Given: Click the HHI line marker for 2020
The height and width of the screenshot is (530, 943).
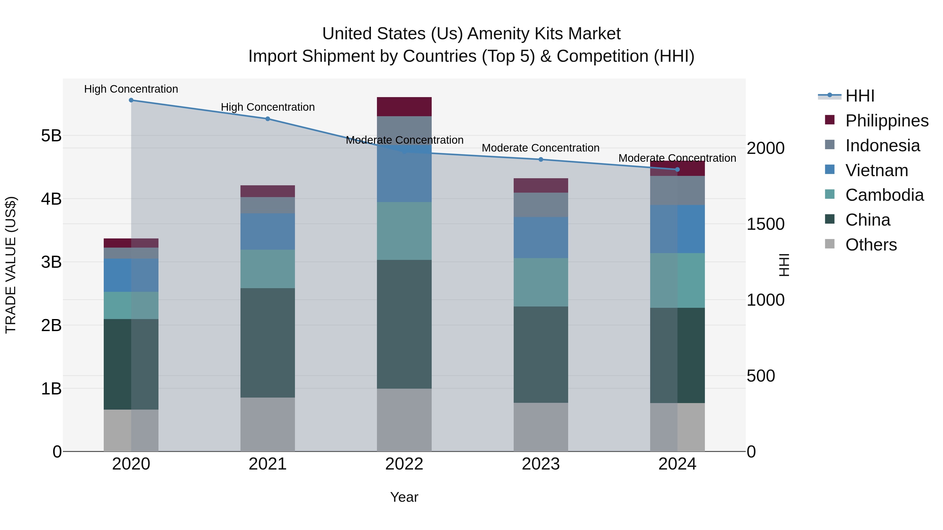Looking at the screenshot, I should [131, 100].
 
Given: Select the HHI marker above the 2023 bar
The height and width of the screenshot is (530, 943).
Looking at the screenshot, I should [541, 159].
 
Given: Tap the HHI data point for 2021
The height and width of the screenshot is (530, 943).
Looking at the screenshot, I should [268, 119].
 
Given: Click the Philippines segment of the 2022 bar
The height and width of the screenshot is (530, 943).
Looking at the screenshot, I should [404, 107].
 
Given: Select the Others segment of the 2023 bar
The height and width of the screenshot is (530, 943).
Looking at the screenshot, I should [541, 427].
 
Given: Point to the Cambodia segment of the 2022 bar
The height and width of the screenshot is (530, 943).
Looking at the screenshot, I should [404, 231].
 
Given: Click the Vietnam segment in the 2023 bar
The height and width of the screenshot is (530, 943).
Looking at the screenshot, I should [541, 237].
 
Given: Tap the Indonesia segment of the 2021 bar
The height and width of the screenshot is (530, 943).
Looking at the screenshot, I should [268, 205].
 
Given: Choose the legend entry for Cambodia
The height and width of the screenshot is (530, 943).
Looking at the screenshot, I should [884, 195].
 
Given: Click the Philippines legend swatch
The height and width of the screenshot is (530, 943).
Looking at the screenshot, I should [830, 120].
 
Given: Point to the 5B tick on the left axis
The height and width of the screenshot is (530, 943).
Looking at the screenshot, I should [51, 136].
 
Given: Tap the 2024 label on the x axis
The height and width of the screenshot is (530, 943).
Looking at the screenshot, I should [677, 464].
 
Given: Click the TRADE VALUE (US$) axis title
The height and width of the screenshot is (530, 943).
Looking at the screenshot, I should [11, 265].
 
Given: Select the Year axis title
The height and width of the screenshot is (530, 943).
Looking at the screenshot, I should [404, 497].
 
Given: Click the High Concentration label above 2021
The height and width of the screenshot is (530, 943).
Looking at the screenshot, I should [268, 107].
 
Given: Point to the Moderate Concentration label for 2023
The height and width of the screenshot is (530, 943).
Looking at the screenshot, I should [540, 148].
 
